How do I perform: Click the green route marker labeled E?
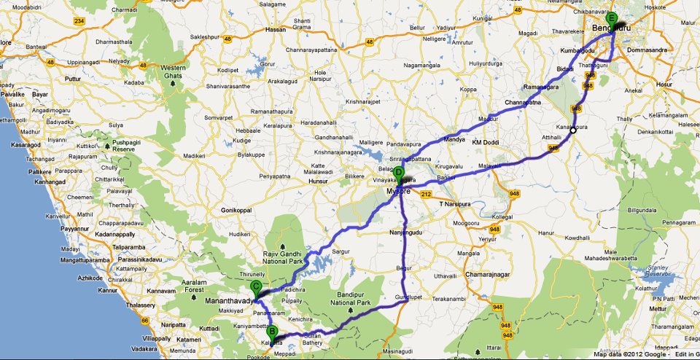pos(612,18)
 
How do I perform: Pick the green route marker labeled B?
pos(272,329)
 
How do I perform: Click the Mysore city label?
pos(399,193)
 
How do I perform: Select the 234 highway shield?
pos(79,21)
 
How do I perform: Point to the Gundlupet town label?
pos(409,298)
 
